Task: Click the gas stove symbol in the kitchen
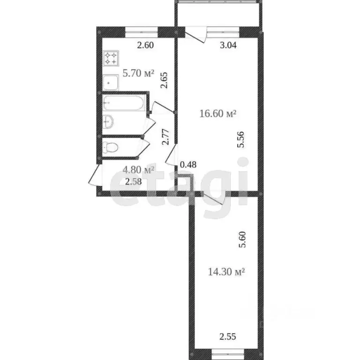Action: pos(111,58)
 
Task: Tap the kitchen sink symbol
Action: pos(111,82)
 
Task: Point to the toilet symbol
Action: pos(111,147)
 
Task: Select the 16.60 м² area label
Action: pos(217,113)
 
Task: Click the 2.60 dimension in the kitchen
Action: pos(145,45)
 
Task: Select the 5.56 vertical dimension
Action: pos(241,140)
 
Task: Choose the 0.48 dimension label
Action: pos(188,165)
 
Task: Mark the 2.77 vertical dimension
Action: pos(165,139)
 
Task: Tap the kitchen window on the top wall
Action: pos(142,32)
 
